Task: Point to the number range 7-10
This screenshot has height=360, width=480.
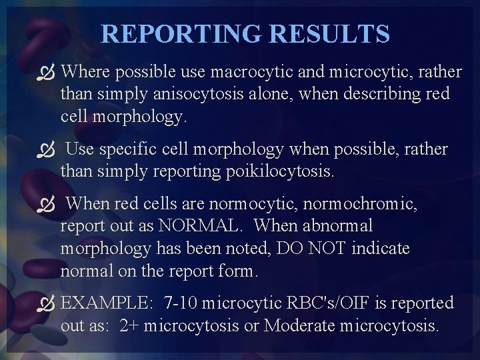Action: (180, 303)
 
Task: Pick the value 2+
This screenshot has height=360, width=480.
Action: (129, 326)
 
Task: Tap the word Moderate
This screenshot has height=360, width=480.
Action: (299, 326)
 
